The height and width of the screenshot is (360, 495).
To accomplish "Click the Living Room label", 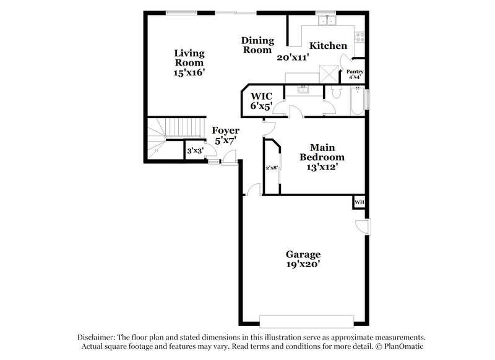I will tap(189, 58).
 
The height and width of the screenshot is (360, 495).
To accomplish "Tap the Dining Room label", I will tap(257, 45).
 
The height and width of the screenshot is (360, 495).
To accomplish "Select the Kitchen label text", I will tap(328, 46).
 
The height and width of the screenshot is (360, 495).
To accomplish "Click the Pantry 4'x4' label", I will tap(355, 74).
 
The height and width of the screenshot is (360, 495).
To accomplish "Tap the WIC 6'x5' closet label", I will tap(261, 101).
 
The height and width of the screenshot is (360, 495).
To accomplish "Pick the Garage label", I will tap(303, 254).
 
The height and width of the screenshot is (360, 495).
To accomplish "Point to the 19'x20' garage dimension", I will tap(303, 265).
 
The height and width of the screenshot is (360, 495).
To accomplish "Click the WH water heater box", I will tap(359, 202).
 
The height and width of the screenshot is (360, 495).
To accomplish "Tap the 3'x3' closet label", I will tap(194, 150).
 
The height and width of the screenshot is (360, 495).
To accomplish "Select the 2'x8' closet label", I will tap(271, 167).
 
